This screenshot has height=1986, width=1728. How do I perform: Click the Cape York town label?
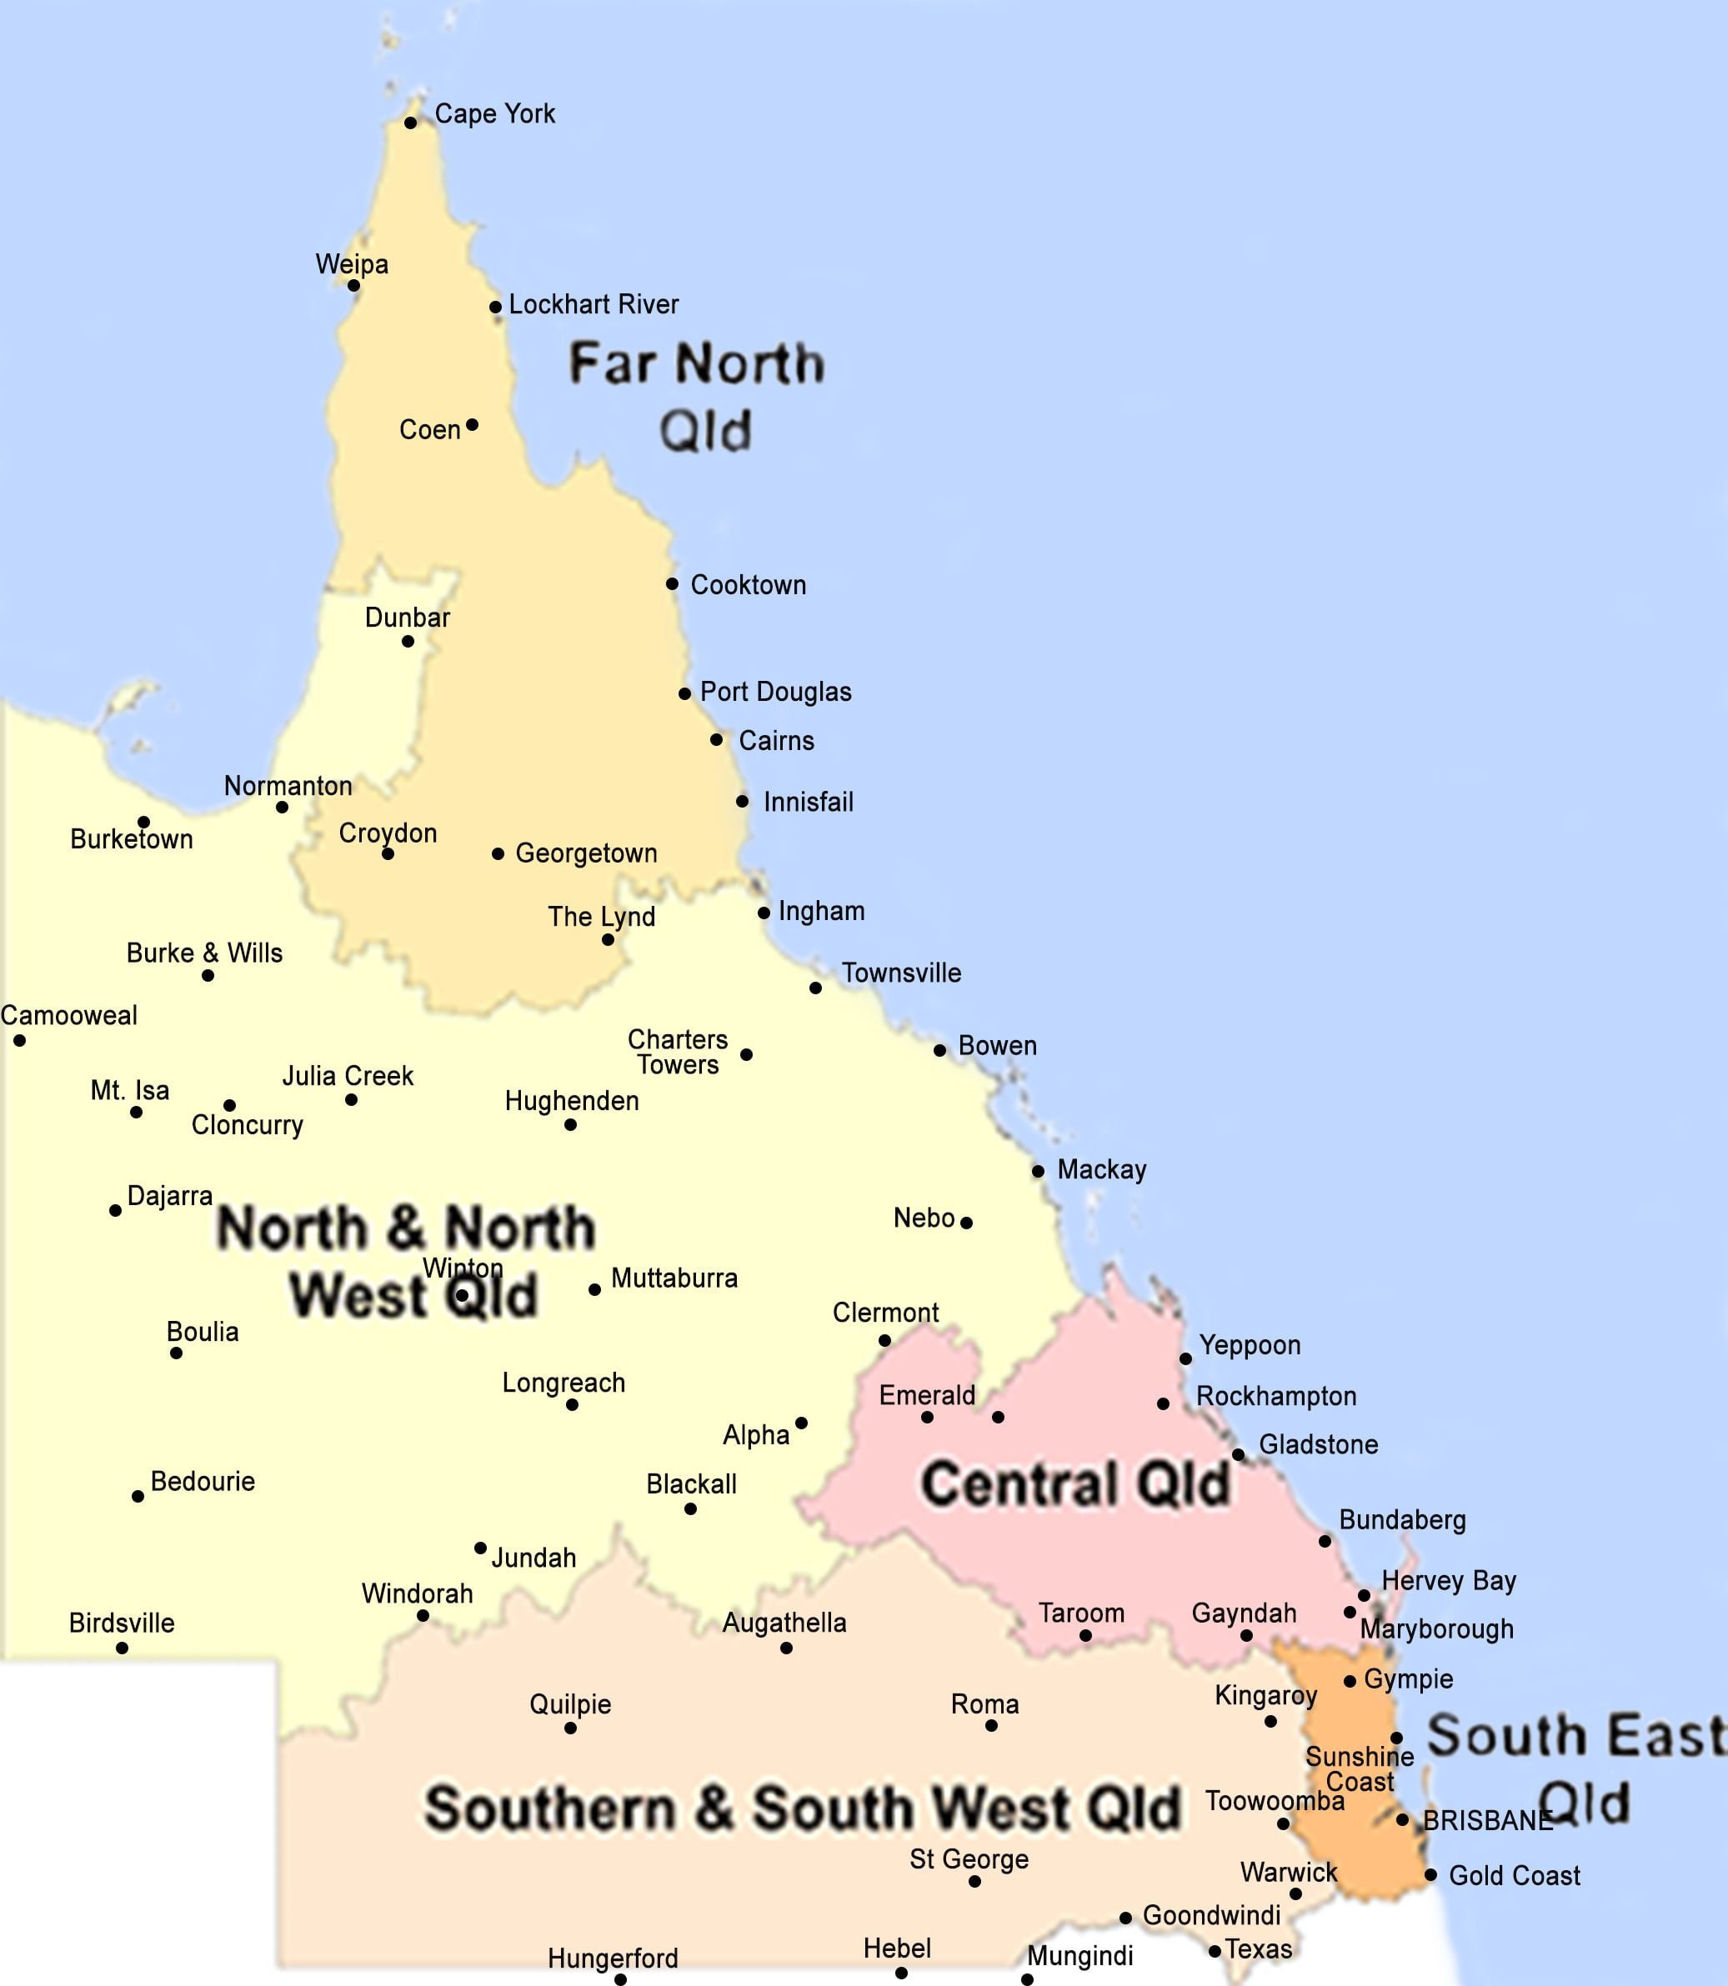(494, 114)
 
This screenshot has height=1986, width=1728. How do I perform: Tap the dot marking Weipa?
(354, 285)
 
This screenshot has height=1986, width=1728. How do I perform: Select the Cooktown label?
(749, 585)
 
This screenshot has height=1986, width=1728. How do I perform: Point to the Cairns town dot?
(717, 739)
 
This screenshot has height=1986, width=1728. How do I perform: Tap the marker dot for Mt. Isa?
(136, 1113)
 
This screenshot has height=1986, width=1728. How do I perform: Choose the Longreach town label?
(563, 1383)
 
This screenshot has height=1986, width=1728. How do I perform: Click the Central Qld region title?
(1075, 1483)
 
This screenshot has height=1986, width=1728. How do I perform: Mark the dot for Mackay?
(1038, 1172)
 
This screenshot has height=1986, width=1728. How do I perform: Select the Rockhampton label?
(1275, 1396)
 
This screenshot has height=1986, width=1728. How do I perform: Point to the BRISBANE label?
(1487, 1820)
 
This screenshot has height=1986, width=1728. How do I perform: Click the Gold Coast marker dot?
(1431, 1875)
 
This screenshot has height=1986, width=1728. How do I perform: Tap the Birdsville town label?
(122, 1623)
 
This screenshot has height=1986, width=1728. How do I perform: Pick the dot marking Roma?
(991, 1725)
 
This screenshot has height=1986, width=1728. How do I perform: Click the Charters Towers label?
(677, 1052)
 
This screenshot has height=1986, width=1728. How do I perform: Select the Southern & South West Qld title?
(802, 1808)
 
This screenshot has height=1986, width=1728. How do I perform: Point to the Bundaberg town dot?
(1325, 1541)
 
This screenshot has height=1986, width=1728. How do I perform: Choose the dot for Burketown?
(143, 823)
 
